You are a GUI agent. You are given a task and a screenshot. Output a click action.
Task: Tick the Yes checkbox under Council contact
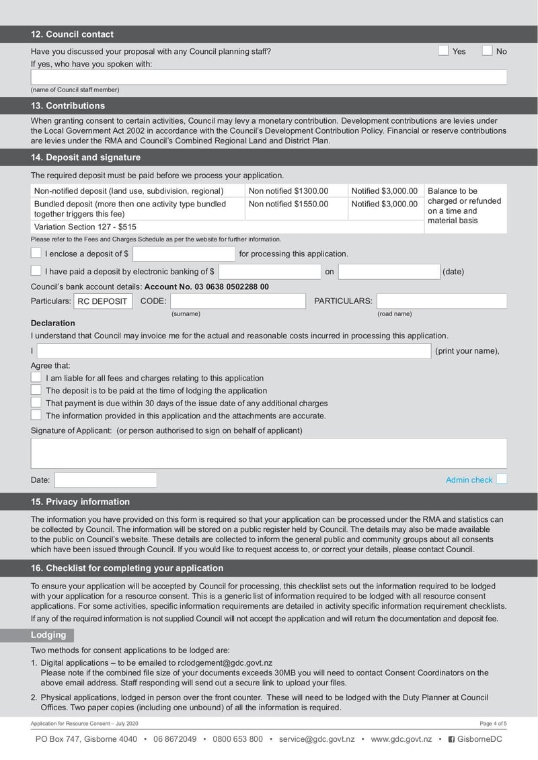[443, 50]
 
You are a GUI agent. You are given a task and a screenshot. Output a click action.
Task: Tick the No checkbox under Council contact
[487, 50]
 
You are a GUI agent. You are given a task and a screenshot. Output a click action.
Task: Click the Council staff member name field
[268, 77]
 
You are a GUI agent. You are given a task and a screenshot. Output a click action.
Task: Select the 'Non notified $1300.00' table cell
[296, 191]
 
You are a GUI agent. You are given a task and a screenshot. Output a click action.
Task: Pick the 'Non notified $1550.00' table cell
[296, 204]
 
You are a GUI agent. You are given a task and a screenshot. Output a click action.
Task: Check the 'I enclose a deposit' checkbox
[36, 253]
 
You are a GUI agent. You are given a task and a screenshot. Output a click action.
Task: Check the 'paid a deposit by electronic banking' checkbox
[36, 271]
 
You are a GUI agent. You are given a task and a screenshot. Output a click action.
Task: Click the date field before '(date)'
[388, 272]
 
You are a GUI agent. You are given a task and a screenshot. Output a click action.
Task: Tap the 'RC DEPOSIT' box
[103, 301]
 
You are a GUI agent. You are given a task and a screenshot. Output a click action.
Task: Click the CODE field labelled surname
[237, 301]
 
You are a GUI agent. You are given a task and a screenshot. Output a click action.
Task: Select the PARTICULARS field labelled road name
[441, 301]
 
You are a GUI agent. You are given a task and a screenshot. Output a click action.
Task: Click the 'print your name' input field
[233, 351]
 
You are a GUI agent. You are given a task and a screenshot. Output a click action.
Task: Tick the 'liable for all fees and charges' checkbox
[36, 378]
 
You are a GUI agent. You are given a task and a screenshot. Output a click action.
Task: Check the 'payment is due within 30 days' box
[36, 403]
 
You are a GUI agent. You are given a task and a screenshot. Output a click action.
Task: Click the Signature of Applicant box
[268, 453]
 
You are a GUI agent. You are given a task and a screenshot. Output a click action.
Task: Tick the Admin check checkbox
[501, 480]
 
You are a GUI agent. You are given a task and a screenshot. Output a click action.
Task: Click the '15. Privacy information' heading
[81, 502]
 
